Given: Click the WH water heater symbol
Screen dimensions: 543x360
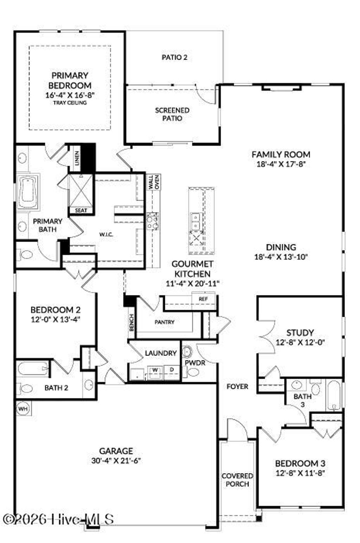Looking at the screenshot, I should (x=23, y=409).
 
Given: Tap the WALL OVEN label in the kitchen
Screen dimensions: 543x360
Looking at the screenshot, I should (x=154, y=182).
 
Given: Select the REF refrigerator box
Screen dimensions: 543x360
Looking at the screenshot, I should (x=203, y=299).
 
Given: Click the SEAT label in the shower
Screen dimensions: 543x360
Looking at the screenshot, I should (x=81, y=210).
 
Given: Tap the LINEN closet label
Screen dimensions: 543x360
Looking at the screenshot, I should (x=77, y=158).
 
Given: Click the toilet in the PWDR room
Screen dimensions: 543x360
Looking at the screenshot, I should (x=193, y=372).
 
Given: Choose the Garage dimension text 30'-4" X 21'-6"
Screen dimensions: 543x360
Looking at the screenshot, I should (x=116, y=460).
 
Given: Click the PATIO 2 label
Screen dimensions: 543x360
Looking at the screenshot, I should (x=174, y=57).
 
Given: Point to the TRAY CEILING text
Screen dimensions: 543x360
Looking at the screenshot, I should (x=70, y=103).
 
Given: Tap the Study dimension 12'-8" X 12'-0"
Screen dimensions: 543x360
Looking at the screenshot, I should (x=300, y=342).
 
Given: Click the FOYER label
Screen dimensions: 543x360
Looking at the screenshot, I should (x=237, y=387).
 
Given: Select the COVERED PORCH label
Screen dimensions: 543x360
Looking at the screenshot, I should (x=237, y=480).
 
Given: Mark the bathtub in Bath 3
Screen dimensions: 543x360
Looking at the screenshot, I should (x=334, y=395).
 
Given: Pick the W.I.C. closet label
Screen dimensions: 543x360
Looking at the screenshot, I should (x=106, y=235).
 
